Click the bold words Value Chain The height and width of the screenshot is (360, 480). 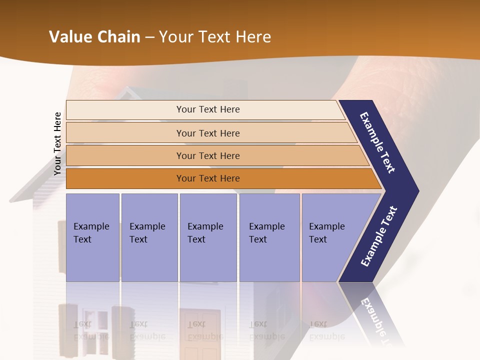pos(94,37)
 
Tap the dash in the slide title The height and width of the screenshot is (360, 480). pos(149,37)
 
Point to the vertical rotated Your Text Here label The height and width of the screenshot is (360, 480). pos(57,143)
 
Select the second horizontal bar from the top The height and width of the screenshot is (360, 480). pos(207,133)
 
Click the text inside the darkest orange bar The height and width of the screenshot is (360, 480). pos(207,178)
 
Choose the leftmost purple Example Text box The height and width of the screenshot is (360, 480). pos(92,237)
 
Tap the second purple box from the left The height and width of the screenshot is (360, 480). pos(149,237)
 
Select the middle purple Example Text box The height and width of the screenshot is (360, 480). pos(208,237)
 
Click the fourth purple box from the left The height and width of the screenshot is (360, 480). pos(269,237)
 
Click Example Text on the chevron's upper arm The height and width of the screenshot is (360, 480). pos(378,142)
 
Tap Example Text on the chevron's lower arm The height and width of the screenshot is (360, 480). pos(379,236)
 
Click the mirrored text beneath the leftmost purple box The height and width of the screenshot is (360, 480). pos(91,330)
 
